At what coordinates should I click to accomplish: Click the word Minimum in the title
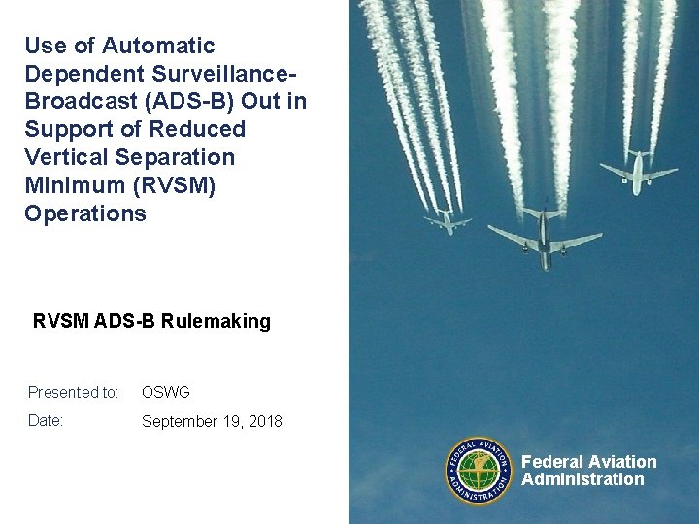(x=67, y=185)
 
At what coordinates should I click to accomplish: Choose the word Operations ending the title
(x=85, y=213)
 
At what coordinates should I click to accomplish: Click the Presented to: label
(x=73, y=393)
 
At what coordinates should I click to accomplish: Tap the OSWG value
(x=166, y=393)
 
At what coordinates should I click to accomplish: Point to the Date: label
(x=46, y=421)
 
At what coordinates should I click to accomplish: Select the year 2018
(x=264, y=421)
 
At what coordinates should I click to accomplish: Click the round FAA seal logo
(x=479, y=471)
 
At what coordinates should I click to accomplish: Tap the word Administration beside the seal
(x=582, y=479)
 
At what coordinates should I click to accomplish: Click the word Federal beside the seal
(x=552, y=462)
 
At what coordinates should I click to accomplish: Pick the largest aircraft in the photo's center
(x=545, y=237)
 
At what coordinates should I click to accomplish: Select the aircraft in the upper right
(x=638, y=174)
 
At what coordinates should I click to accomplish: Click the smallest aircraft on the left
(x=449, y=221)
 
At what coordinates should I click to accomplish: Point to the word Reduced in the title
(x=197, y=129)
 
